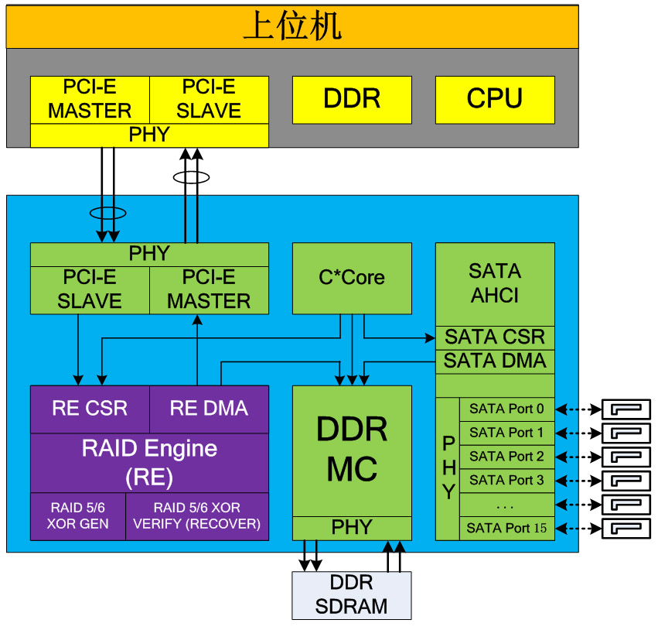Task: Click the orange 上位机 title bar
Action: (292, 26)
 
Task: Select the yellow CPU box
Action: (495, 99)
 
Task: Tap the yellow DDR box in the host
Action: (352, 99)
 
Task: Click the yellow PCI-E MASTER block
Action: (90, 99)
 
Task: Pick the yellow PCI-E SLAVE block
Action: (209, 99)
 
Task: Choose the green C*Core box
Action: (352, 278)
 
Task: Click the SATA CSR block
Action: (495, 337)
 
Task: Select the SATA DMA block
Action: (495, 361)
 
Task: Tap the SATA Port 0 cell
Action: (506, 409)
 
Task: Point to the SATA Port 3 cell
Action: (506, 480)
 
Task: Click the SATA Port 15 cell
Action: (506, 528)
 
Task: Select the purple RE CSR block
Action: (90, 409)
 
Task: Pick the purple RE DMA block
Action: (209, 409)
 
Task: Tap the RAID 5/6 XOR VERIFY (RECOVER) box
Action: (197, 516)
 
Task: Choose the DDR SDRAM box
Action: (352, 594)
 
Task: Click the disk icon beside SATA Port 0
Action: (626, 409)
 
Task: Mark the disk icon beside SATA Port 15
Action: (626, 529)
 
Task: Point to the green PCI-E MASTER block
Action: (209, 289)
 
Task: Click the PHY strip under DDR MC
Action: (352, 528)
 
